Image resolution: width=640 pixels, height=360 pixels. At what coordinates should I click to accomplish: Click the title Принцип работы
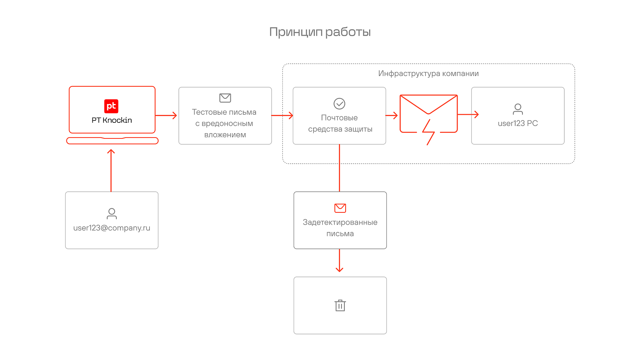click(320, 32)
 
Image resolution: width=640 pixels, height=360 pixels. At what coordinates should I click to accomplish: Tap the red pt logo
click(111, 106)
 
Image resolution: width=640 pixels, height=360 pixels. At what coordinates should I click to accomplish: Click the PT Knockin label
click(112, 120)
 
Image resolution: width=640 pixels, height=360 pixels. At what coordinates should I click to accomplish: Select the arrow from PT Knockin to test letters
click(166, 116)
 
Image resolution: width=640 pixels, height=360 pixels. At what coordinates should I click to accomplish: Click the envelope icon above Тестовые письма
click(225, 98)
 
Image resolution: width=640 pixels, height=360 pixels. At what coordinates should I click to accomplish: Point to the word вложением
click(225, 135)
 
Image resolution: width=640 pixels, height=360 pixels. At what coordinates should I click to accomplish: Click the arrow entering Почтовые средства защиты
click(282, 116)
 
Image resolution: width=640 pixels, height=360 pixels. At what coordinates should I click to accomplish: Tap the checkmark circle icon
click(340, 104)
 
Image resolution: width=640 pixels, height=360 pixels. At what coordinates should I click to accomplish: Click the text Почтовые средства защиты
click(340, 124)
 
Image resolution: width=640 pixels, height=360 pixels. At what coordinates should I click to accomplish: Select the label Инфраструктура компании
click(428, 74)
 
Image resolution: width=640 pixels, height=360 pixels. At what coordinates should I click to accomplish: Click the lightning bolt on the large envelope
click(428, 132)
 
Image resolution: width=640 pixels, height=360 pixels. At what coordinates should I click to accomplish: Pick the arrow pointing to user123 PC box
click(468, 114)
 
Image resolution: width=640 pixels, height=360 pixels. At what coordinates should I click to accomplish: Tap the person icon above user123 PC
click(518, 109)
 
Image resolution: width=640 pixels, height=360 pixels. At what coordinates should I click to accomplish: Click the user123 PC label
click(518, 124)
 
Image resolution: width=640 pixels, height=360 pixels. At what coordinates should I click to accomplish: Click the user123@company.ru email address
click(112, 228)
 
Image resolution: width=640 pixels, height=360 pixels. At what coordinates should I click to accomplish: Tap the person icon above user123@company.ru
click(112, 214)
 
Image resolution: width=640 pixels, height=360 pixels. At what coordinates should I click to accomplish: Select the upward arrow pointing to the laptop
click(111, 170)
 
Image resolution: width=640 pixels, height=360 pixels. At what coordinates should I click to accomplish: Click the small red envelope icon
click(340, 208)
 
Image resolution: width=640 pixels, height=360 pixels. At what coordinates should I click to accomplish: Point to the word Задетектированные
click(340, 222)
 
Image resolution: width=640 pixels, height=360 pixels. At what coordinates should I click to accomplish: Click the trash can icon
click(340, 306)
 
